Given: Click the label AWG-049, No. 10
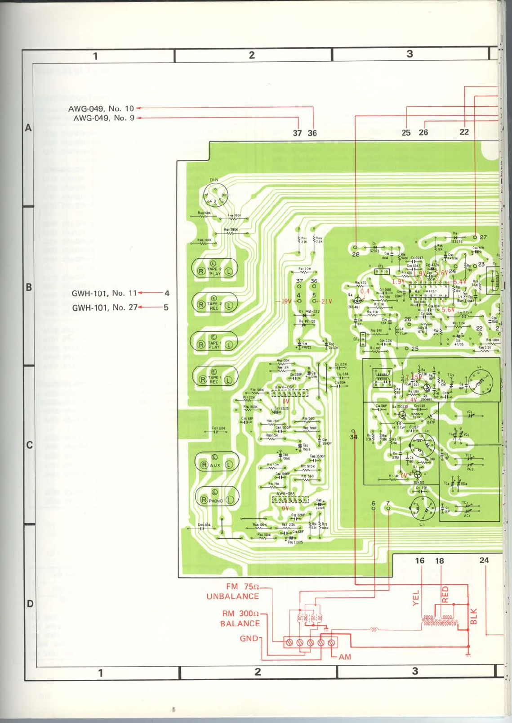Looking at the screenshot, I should (x=101, y=108).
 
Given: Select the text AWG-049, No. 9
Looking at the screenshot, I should (x=103, y=118).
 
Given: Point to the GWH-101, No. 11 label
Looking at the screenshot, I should (x=104, y=293).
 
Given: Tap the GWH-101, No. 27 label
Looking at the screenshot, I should (x=104, y=308).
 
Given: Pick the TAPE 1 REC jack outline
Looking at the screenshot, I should (x=215, y=377).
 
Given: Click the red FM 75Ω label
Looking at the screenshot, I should (x=242, y=587).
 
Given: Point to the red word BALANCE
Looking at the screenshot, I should (x=240, y=624).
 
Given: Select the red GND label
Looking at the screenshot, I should (x=249, y=638).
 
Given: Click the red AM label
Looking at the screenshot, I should (x=345, y=657).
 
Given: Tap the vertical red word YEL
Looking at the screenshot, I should (x=416, y=598).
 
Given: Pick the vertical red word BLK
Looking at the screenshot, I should (x=473, y=616).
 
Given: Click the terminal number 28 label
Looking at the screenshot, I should (x=356, y=254).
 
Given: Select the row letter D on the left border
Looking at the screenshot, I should (x=30, y=604).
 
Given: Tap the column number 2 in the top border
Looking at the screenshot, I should (x=252, y=55).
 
